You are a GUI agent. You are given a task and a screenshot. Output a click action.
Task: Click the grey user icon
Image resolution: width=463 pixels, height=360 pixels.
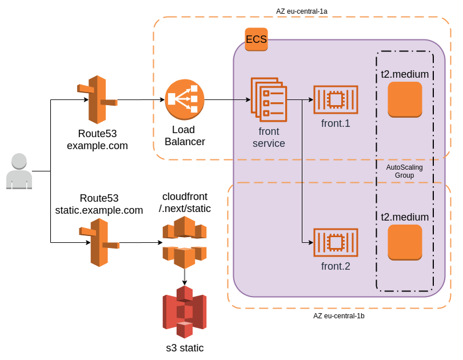tap(19, 171)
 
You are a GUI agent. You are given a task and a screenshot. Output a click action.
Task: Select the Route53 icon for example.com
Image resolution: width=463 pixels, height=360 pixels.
tap(98, 99)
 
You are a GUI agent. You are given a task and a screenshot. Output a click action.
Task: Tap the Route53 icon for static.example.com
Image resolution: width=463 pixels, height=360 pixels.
tap(99, 242)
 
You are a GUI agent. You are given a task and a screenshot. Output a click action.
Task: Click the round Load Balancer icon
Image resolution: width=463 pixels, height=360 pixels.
tap(184, 100)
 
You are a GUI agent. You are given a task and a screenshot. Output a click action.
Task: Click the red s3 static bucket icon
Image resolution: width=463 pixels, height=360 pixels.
tap(184, 312)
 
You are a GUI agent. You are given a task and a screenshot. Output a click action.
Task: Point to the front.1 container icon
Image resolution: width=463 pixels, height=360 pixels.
tap(335, 100)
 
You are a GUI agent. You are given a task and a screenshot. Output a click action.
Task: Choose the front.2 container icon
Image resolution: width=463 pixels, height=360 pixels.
tap(335, 243)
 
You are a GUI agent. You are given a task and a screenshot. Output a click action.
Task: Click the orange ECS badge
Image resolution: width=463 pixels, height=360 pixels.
tap(256, 39)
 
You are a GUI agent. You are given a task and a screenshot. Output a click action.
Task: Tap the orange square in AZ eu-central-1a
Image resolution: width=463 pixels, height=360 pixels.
tap(405, 99)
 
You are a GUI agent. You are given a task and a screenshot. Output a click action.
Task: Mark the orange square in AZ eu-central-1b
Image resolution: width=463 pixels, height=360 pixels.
tap(405, 242)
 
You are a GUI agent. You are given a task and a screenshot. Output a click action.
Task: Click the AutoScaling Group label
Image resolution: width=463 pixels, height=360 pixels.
tap(405, 171)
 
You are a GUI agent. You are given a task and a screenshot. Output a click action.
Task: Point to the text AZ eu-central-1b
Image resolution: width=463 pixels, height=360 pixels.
tap(339, 316)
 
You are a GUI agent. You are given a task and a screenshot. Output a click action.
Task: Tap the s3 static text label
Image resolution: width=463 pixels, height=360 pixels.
tap(184, 348)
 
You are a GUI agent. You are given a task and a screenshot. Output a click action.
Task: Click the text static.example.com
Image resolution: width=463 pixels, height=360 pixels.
tap(99, 210)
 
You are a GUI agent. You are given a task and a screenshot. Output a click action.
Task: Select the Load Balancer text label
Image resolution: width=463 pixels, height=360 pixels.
tap(184, 135)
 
